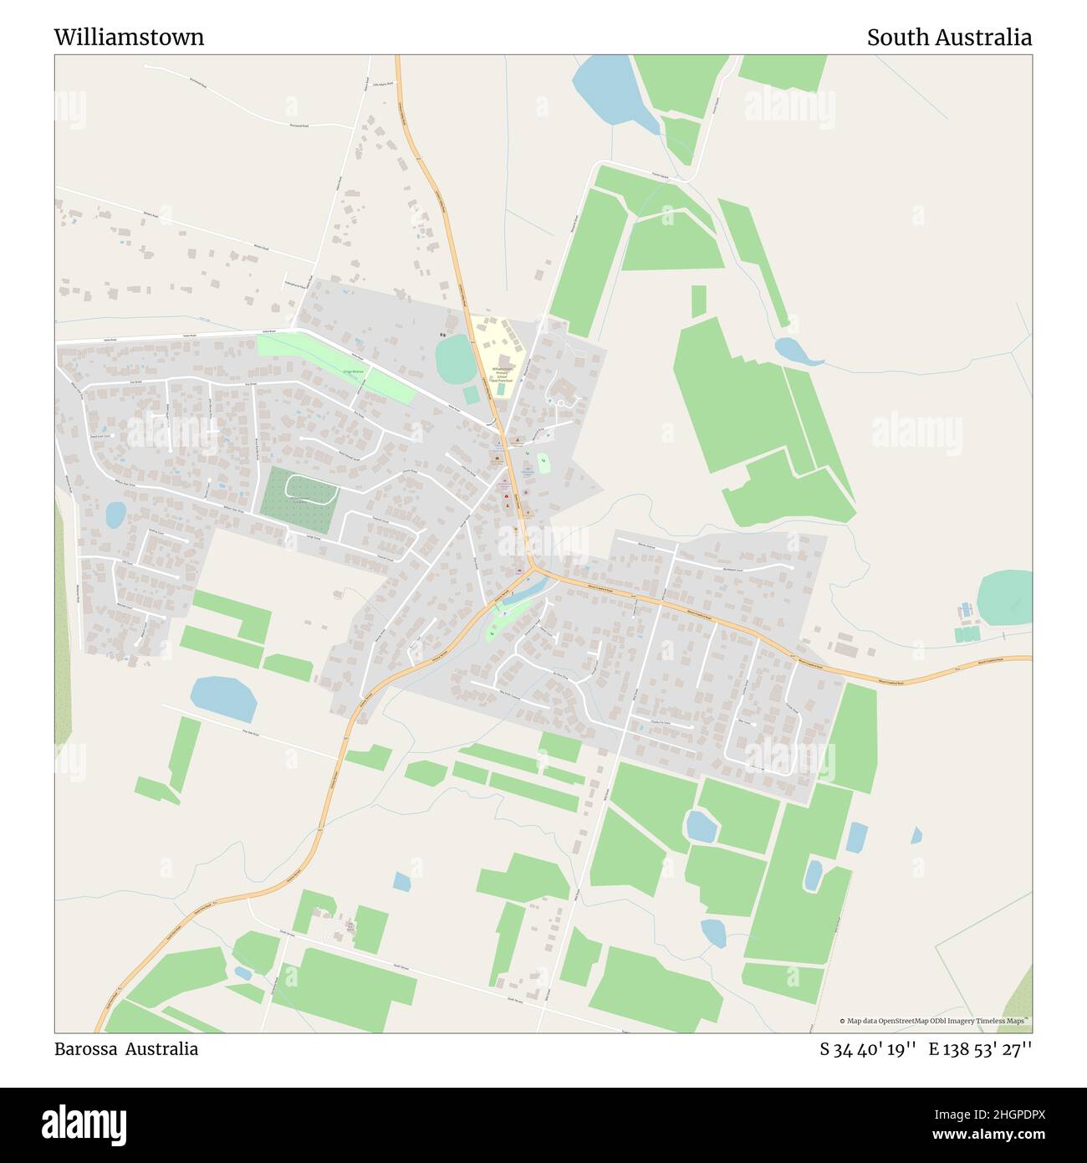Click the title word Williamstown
point(129,38)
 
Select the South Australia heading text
point(948,38)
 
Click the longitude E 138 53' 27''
point(980,1049)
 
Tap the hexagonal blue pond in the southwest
point(223,699)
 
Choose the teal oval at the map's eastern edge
point(1005,597)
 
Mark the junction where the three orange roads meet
point(533,569)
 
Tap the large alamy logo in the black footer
point(84,1124)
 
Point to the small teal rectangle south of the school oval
point(472,393)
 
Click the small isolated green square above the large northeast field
point(698,300)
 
